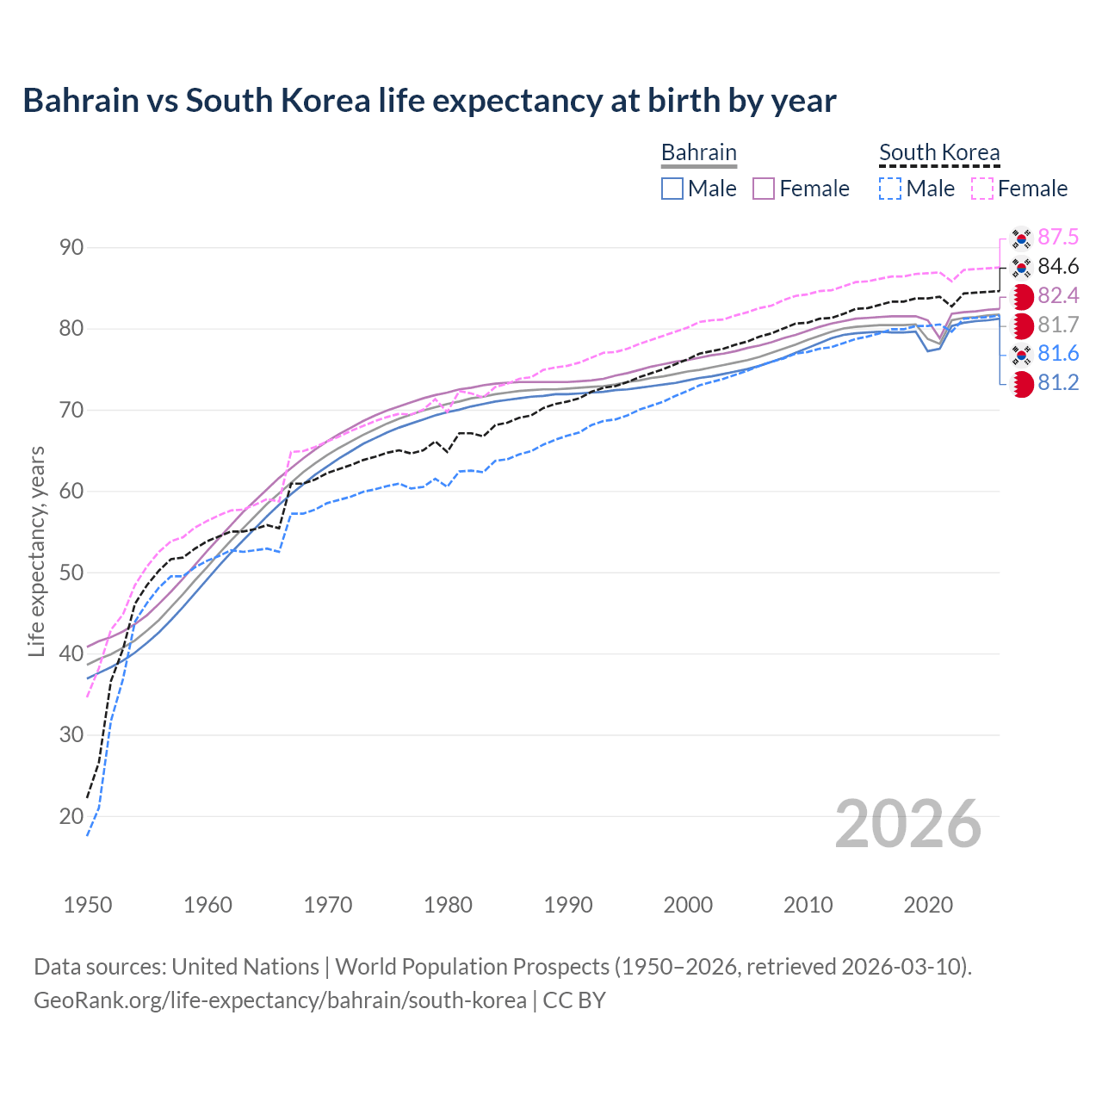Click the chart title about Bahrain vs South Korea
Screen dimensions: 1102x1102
[429, 101]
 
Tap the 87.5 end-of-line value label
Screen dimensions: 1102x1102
[1058, 237]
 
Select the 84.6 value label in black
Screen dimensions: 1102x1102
[1058, 266]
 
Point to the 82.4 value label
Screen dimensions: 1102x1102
[1058, 295]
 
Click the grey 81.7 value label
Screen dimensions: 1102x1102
[1058, 325]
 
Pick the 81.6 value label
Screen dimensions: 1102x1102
[1058, 353]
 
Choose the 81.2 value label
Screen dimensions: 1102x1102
[1058, 382]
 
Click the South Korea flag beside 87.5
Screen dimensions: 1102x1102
[1021, 238]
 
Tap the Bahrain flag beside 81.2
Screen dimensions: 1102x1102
[1021, 384]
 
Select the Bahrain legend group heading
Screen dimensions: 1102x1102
[698, 152]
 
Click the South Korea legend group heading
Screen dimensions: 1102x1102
[939, 152]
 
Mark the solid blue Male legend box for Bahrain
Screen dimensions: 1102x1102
[672, 189]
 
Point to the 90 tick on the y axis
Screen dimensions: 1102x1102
[71, 248]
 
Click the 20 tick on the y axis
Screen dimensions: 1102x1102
[71, 816]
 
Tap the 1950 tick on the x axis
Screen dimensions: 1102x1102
[88, 905]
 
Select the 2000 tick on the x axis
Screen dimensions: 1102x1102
[688, 905]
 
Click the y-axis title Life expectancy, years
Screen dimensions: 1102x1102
[36, 551]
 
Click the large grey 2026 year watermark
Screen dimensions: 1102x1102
[907, 824]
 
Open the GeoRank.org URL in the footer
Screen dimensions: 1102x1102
[280, 1000]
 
